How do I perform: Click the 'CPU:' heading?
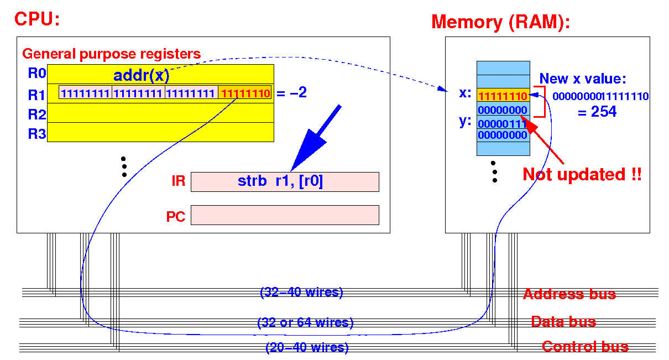pyautogui.click(x=37, y=19)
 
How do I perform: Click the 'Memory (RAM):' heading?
pyautogui.click(x=501, y=23)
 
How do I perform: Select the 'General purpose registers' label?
pyautogui.click(x=111, y=54)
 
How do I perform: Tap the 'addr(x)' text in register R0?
pyautogui.click(x=142, y=75)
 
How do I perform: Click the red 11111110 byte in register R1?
pyautogui.click(x=245, y=93)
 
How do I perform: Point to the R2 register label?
pyautogui.click(x=37, y=114)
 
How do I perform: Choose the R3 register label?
pyautogui.click(x=37, y=133)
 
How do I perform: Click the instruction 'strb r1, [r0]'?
pyautogui.click(x=280, y=181)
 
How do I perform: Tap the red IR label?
pyautogui.click(x=179, y=181)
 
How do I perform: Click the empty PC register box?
pyautogui.click(x=285, y=215)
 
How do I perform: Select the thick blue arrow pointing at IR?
pyautogui.click(x=315, y=138)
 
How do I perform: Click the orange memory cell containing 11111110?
pyautogui.click(x=503, y=95)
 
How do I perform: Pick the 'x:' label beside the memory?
pyautogui.click(x=465, y=93)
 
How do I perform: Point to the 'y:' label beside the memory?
pyautogui.click(x=465, y=121)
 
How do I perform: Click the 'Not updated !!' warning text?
pyautogui.click(x=582, y=174)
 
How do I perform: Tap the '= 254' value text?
pyautogui.click(x=597, y=112)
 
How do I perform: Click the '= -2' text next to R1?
pyautogui.click(x=291, y=92)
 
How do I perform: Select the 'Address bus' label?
pyautogui.click(x=569, y=294)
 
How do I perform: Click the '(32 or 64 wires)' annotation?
pyautogui.click(x=305, y=322)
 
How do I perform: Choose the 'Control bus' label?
pyautogui.click(x=586, y=347)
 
